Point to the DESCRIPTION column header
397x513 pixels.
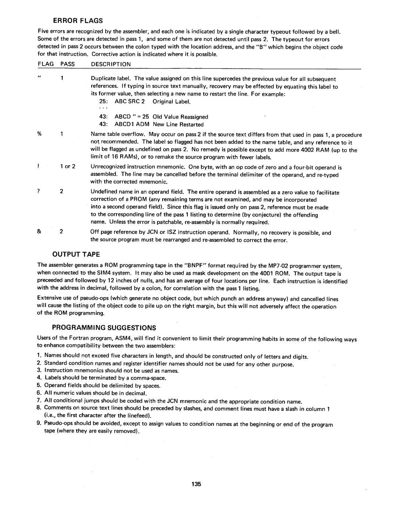pos(111,64)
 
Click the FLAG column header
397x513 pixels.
pos(46,64)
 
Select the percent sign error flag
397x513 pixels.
pos(39,135)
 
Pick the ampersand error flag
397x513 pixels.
pos(39,232)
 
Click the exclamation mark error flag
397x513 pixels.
pos(39,166)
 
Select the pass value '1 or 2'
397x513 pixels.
pos(68,166)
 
